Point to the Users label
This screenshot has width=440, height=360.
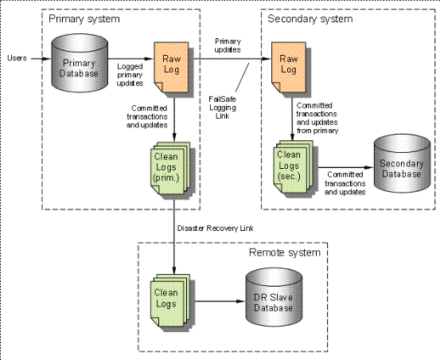18,58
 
